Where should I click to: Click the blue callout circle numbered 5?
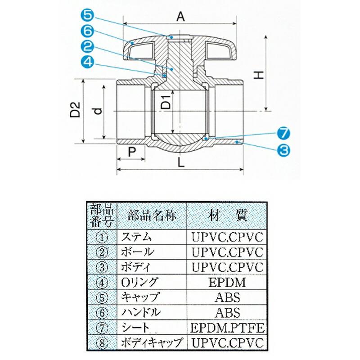tap(88, 15)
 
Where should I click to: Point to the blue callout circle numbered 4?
tap(88, 63)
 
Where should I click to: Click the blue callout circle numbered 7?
tap(283, 133)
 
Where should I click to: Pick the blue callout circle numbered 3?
tap(283, 149)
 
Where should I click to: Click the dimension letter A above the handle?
tap(180, 17)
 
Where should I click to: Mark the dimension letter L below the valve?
tap(181, 164)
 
